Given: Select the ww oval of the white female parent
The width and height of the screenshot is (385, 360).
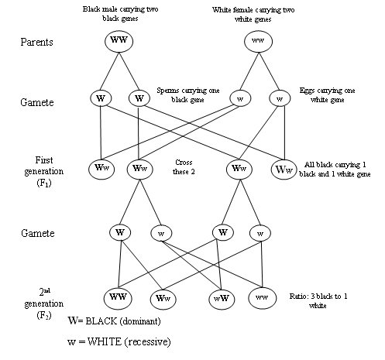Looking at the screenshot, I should coord(260,39).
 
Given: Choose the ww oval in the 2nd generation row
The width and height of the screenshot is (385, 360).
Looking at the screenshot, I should coord(263,297).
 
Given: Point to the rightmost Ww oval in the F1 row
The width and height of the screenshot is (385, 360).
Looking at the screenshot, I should coord(284,167).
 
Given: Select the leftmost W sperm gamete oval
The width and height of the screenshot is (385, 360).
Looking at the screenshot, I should coord(100,100).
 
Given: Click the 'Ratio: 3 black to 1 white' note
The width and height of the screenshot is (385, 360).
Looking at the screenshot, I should coord(325,301).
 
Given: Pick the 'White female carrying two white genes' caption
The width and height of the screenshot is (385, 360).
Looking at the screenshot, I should coord(261,13).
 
